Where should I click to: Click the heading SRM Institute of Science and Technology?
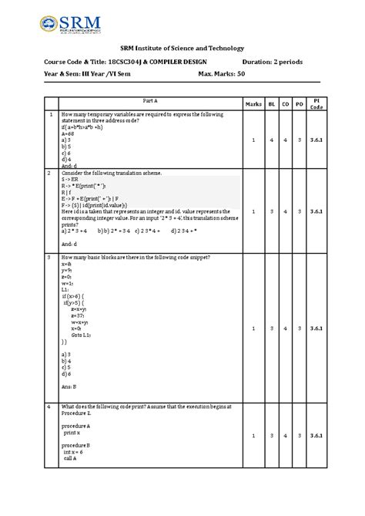[182, 48]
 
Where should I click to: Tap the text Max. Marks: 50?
[221, 76]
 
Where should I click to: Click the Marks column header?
[254, 103]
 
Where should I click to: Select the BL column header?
[272, 103]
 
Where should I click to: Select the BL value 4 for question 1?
[272, 140]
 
